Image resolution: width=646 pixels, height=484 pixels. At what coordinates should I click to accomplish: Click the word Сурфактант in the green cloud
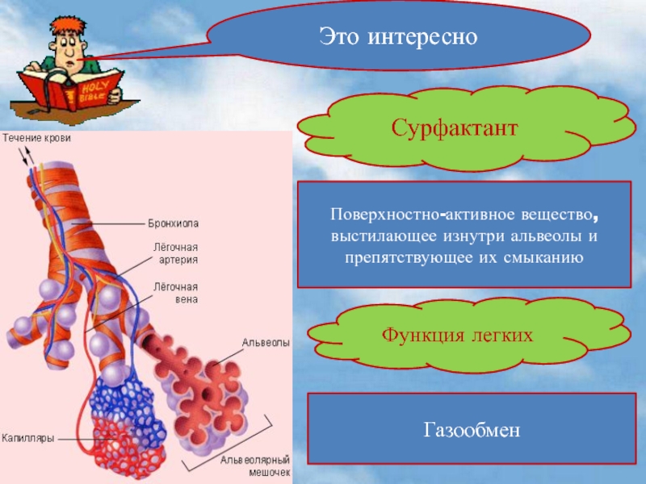454,128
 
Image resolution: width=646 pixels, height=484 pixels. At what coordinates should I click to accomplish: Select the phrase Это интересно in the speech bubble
399,36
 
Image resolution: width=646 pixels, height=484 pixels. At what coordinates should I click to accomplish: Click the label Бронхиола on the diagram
173,222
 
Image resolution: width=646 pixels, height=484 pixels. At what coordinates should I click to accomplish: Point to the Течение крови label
36,139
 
